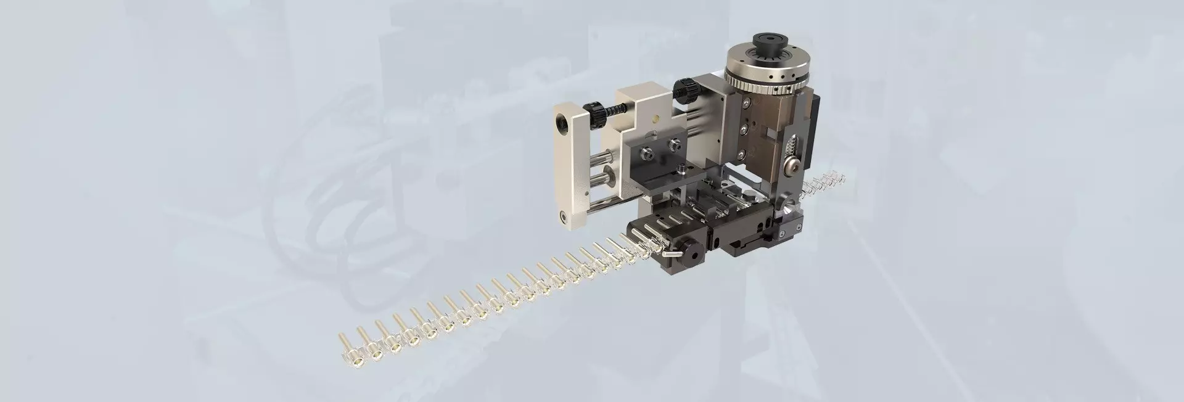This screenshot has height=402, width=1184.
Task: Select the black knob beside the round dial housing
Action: [x=686, y=90]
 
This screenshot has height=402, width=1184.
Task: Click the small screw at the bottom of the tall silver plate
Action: [x=563, y=215]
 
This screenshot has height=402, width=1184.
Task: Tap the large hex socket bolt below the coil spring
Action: [x=793, y=165]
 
